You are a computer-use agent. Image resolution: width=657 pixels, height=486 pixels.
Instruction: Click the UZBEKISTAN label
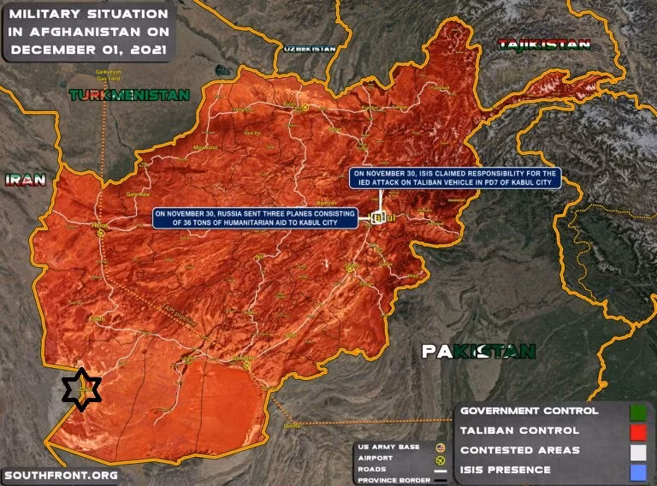tap(310, 49)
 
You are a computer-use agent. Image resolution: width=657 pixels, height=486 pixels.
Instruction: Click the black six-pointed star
tap(81, 389)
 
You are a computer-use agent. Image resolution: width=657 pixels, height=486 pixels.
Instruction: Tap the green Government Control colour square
tap(637, 412)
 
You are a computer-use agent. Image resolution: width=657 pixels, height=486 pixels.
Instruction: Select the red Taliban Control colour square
tap(637, 431)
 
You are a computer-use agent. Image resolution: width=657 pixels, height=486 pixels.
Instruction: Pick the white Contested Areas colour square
tap(637, 451)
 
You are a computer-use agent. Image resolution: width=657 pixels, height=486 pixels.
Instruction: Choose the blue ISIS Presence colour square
tap(637, 471)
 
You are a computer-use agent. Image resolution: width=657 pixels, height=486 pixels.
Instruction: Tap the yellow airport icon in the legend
tap(441, 459)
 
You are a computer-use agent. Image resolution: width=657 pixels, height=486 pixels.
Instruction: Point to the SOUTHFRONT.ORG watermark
tap(60, 475)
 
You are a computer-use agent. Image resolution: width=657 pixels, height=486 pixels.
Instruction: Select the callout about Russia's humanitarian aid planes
tap(256, 217)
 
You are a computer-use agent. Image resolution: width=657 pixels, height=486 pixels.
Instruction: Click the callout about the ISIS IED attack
tap(453, 178)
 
